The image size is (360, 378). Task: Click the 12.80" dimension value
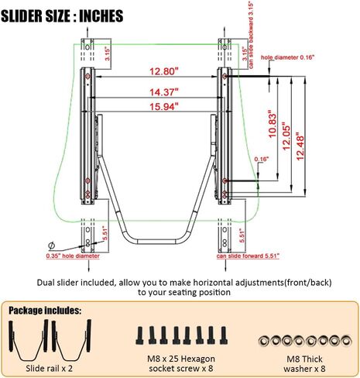pyautogui.click(x=164, y=71)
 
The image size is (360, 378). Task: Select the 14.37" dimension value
pyautogui.click(x=164, y=92)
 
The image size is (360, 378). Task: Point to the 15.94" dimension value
pyautogui.click(x=164, y=106)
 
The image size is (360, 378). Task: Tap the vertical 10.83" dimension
pyautogui.click(x=273, y=124)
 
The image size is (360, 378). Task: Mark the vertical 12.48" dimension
pyautogui.click(x=300, y=146)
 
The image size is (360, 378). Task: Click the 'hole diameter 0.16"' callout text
pyautogui.click(x=288, y=57)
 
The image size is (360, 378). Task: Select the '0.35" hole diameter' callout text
pyautogui.click(x=73, y=256)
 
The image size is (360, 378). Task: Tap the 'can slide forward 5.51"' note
pyautogui.click(x=248, y=256)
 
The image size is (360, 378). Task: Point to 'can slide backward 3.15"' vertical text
pyautogui.click(x=251, y=35)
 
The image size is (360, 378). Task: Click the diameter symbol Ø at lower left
pyautogui.click(x=52, y=246)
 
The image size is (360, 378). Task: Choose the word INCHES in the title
pyautogui.click(x=101, y=16)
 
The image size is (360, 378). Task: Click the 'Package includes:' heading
pyautogui.click(x=45, y=311)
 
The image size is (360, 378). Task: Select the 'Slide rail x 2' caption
pyautogui.click(x=49, y=369)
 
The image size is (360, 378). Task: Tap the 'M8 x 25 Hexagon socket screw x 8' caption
pyautogui.click(x=181, y=363)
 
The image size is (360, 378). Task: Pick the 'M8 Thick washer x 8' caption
pyautogui.click(x=304, y=363)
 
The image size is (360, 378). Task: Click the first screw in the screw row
pyautogui.click(x=139, y=335)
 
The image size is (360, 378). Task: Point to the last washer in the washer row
pyautogui.click(x=346, y=341)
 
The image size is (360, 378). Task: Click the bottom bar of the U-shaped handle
pyautogui.click(x=156, y=242)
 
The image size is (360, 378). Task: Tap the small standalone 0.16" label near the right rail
pyautogui.click(x=262, y=159)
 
